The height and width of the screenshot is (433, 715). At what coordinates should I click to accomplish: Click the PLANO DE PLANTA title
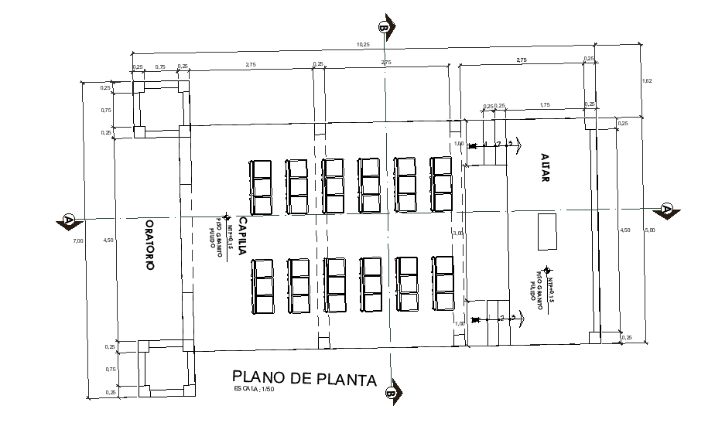point(304,378)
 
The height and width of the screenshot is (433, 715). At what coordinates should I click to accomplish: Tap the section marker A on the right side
point(666,210)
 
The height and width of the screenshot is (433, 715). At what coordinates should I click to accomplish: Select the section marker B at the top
point(385,26)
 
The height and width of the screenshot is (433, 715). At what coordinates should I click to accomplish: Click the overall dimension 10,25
point(363,45)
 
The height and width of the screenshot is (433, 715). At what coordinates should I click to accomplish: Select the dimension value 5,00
point(651,230)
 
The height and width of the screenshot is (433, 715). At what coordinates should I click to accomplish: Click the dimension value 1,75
point(545,105)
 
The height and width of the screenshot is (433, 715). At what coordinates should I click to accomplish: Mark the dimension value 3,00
point(458,233)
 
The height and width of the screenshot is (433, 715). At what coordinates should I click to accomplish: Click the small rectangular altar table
point(548,231)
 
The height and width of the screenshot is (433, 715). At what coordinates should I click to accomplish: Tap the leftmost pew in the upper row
point(261,187)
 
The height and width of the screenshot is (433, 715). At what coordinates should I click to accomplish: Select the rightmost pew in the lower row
point(443,285)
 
